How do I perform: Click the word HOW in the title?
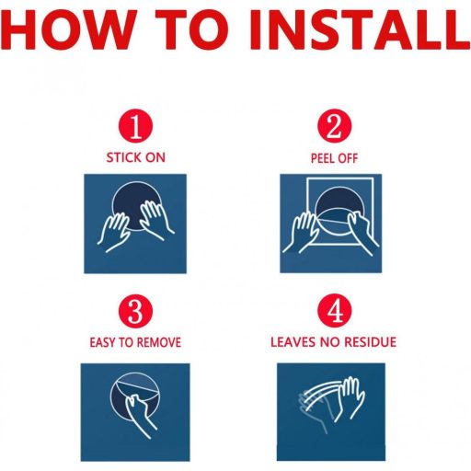[x=68, y=29]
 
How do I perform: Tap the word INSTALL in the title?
[x=361, y=29]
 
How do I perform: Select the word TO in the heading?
[x=192, y=29]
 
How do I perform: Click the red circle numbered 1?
[x=135, y=126]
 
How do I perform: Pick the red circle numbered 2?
[x=334, y=126]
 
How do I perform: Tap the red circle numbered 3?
[x=135, y=311]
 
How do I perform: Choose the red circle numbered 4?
[x=334, y=311]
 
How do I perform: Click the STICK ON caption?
[x=136, y=158]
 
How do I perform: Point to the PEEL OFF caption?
[x=334, y=158]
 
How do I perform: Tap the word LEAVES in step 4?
[x=293, y=342]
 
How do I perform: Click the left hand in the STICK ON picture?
[x=114, y=232]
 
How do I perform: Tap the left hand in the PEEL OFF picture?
[x=301, y=232]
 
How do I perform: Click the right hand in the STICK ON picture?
[x=156, y=219]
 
